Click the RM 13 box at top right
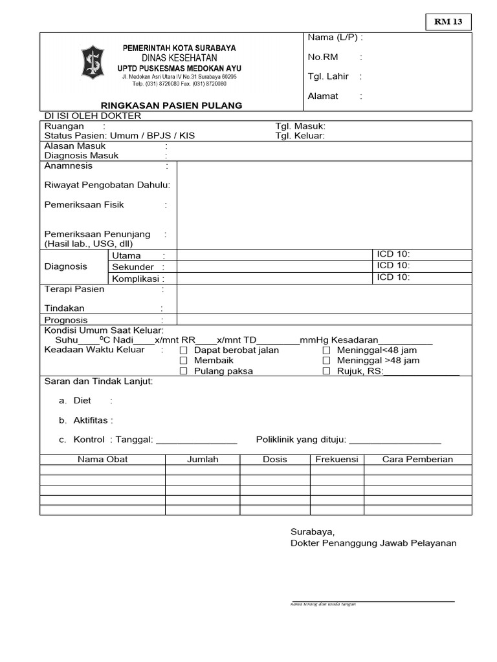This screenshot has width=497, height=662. (448, 23)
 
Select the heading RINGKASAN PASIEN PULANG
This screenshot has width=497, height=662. (171, 105)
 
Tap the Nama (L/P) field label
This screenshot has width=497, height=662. (335, 37)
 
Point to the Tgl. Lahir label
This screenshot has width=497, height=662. (328, 76)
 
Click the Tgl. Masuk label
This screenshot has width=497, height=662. (300, 126)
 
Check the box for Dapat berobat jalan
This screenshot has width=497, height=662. (184, 350)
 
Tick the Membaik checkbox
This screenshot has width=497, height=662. (184, 361)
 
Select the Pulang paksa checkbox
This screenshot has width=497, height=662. (184, 371)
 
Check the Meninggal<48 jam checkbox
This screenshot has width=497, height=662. (327, 350)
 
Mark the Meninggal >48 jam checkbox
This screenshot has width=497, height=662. (327, 361)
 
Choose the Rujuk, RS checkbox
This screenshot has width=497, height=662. (327, 371)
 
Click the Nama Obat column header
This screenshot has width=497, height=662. (102, 460)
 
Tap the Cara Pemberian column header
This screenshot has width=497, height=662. (417, 460)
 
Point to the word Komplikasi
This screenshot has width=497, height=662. (135, 279)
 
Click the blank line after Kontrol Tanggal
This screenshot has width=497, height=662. (197, 440)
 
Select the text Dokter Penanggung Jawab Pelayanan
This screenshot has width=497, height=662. (373, 543)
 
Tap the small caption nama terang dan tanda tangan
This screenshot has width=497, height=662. (324, 604)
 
